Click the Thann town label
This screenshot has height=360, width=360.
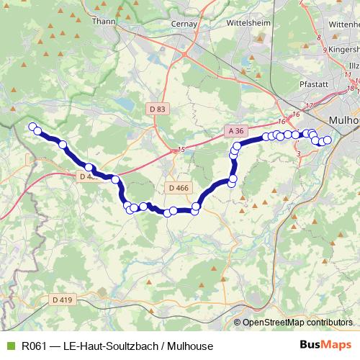click(x=104, y=21)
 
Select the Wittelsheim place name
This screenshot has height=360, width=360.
click(x=249, y=22)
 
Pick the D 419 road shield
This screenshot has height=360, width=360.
click(x=63, y=299)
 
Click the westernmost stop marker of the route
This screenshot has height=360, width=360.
click(x=32, y=127)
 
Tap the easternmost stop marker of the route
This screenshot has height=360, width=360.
click(x=328, y=140)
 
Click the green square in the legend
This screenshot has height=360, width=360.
click(x=10, y=346)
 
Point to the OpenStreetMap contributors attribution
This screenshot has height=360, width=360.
click(x=298, y=323)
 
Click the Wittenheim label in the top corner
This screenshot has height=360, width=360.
click(x=343, y=24)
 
